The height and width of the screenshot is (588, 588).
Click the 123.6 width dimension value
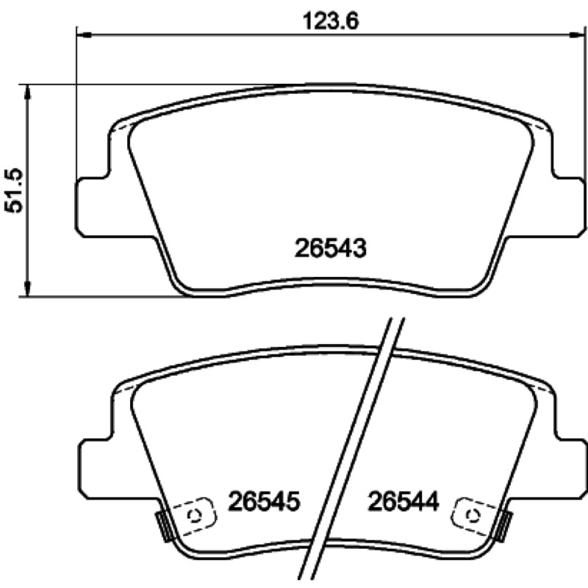coord(331,21)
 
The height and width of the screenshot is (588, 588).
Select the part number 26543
coord(330,248)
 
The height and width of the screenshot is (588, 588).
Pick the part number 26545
coord(265,501)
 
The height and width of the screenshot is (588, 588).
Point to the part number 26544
coord(404,501)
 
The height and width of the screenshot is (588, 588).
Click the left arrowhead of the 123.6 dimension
coord(84,35)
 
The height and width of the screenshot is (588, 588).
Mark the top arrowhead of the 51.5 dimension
coord(27,92)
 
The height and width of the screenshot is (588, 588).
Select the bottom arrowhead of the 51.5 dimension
coord(27,289)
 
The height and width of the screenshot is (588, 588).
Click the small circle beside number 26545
coord(196,516)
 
